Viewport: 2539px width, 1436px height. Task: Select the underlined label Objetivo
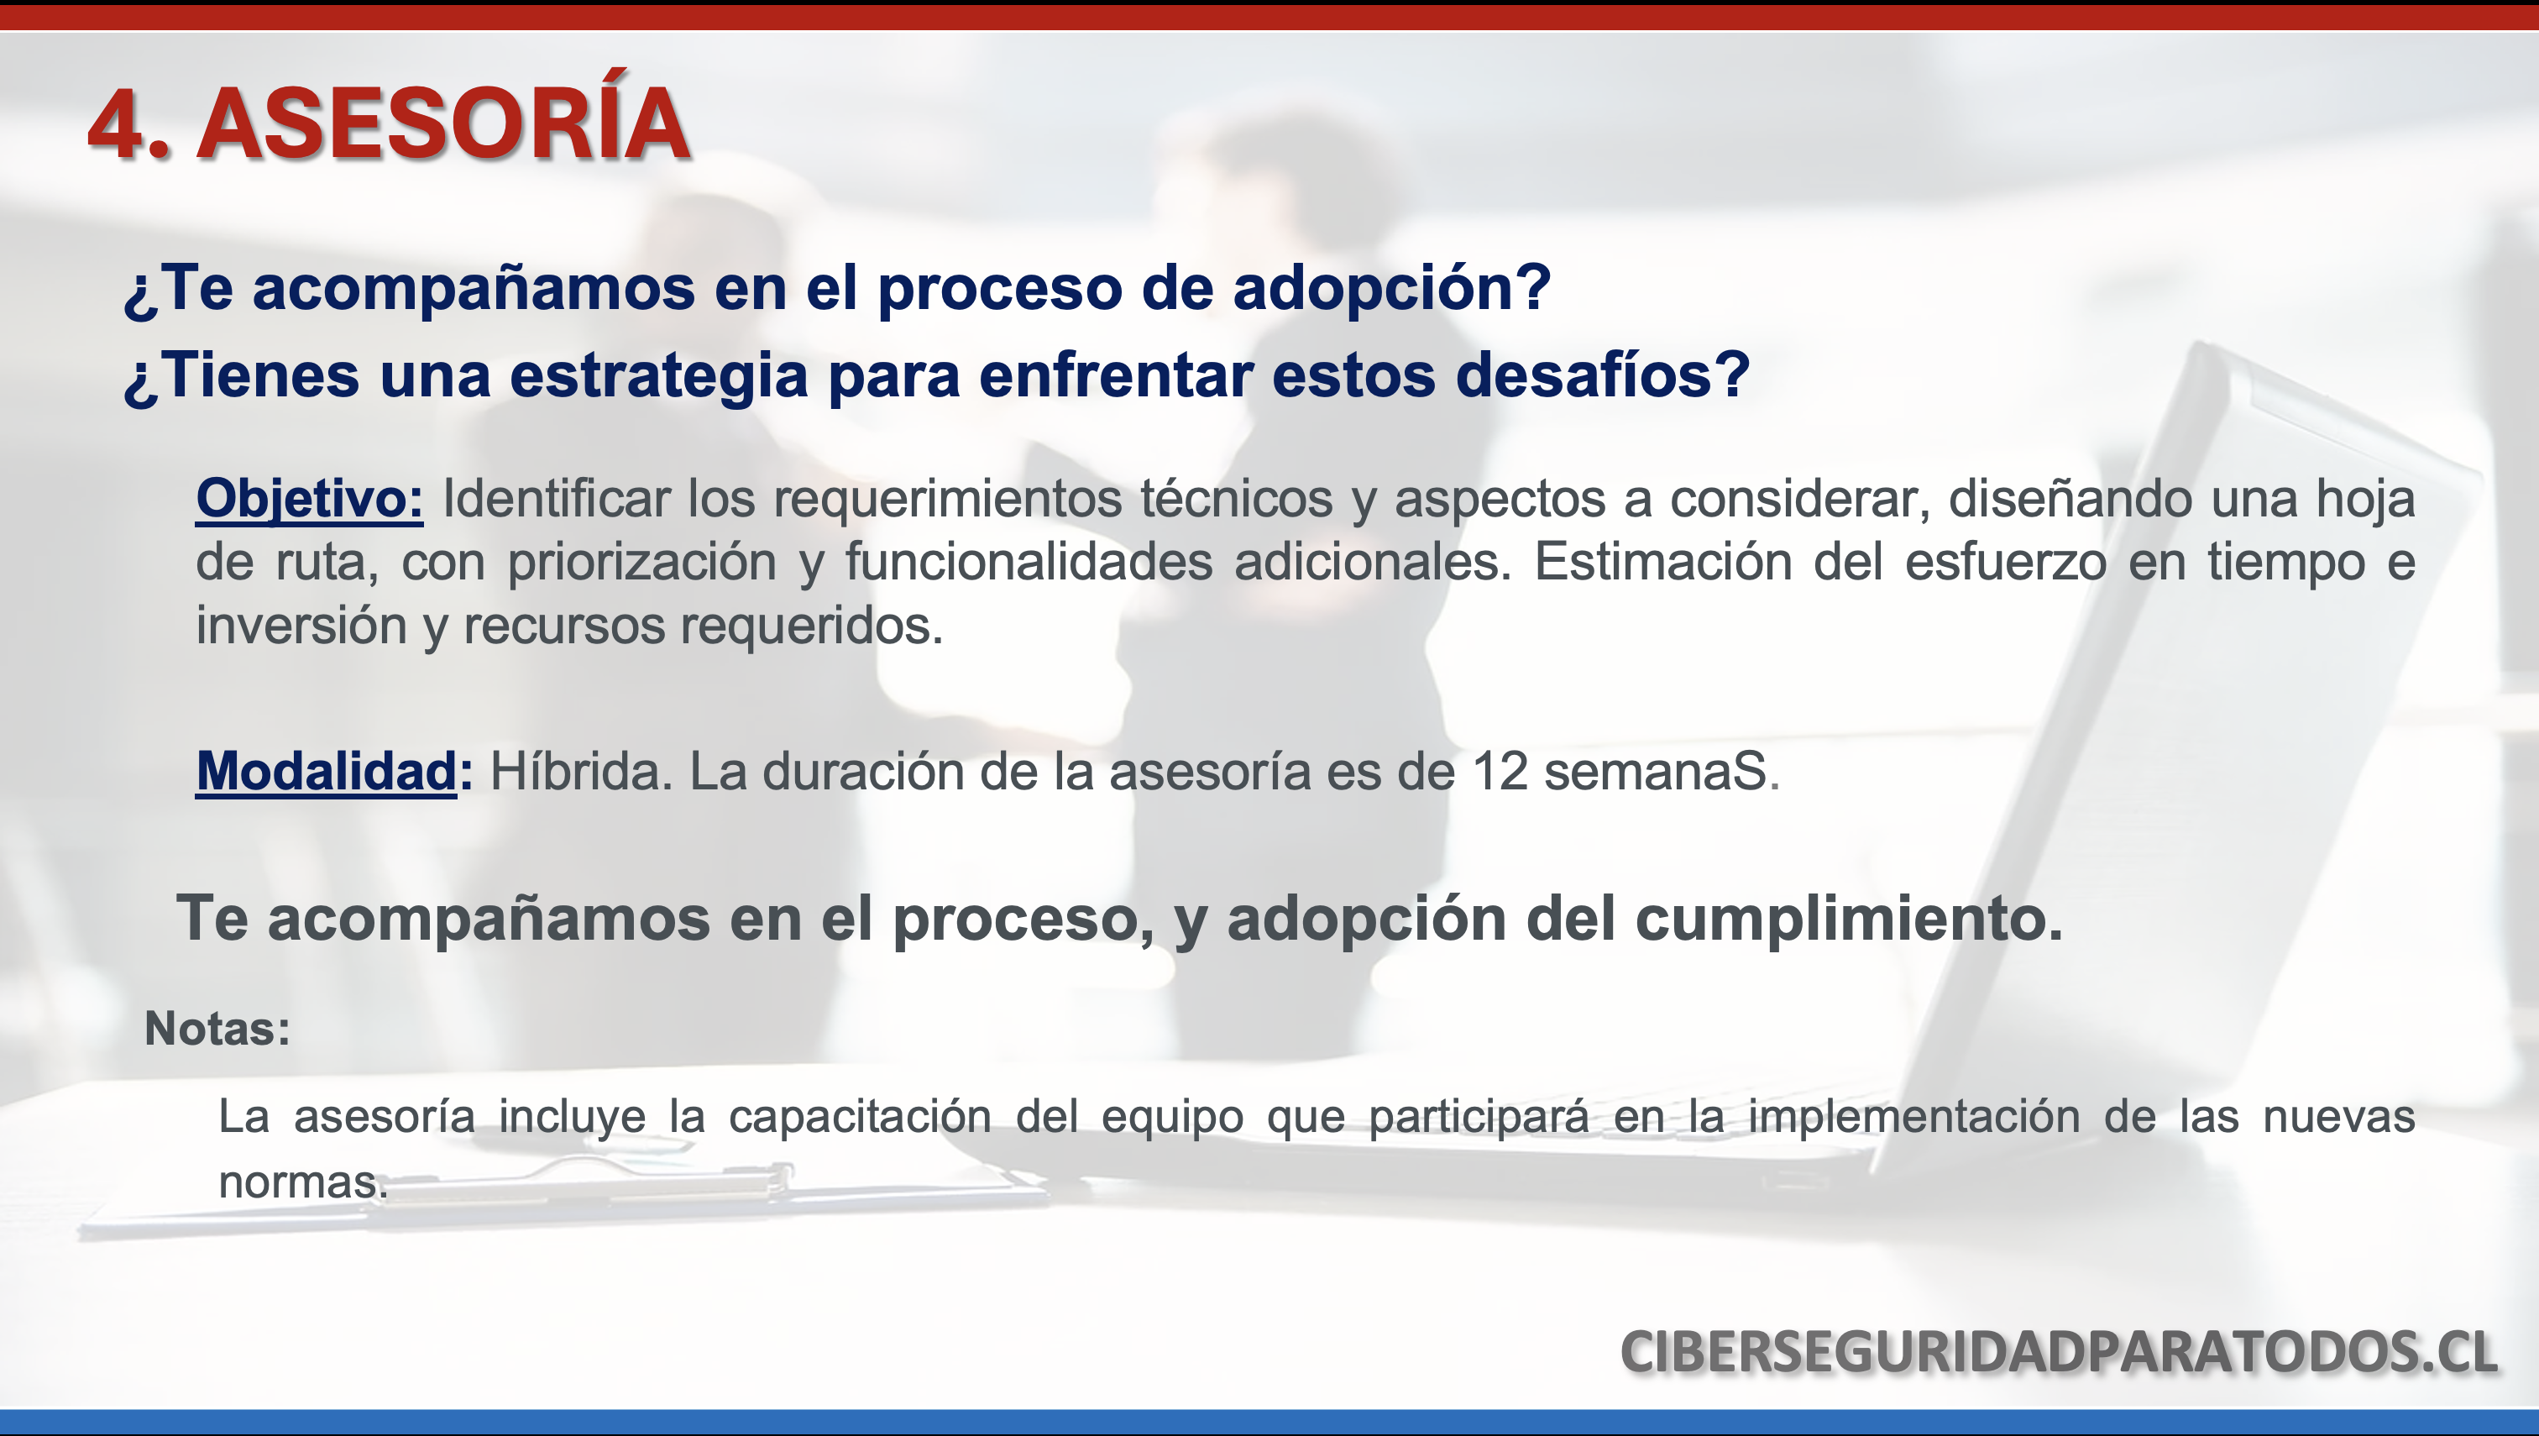(x=310, y=499)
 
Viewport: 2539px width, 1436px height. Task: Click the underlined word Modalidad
(x=327, y=771)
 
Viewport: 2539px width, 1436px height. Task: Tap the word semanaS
(x=1662, y=771)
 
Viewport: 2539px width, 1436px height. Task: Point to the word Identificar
(x=556, y=498)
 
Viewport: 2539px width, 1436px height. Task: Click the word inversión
(x=301, y=626)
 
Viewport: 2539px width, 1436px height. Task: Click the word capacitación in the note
(x=860, y=1118)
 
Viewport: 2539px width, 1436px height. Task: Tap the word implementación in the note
(x=1913, y=1118)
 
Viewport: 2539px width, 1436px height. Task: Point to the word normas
(x=303, y=1182)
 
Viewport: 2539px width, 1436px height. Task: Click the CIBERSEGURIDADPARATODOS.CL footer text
(x=2059, y=1351)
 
